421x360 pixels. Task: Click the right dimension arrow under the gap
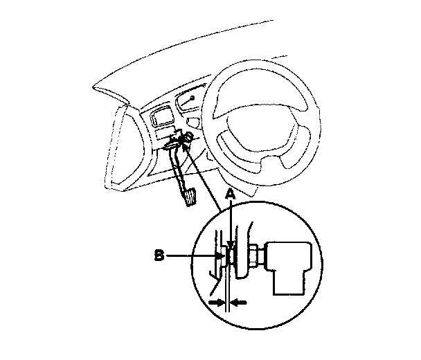click(237, 303)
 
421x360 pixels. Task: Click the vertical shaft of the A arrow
click(229, 222)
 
